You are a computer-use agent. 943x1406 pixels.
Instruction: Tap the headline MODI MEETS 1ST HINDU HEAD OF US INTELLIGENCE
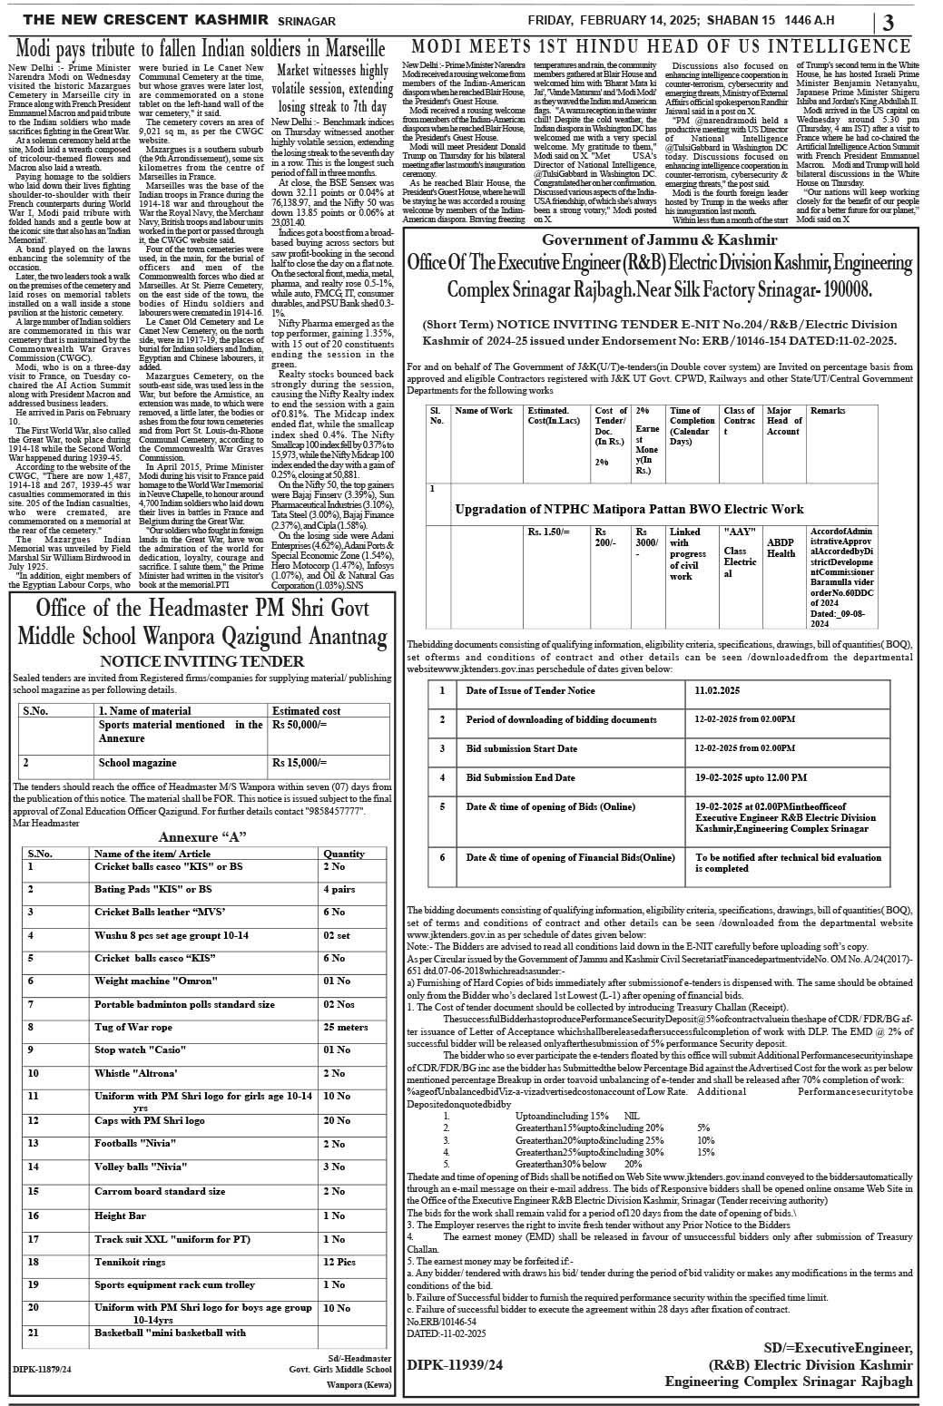click(661, 46)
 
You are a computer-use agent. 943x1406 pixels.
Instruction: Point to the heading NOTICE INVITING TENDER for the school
click(201, 661)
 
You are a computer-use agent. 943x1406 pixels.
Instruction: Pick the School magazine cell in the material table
click(137, 763)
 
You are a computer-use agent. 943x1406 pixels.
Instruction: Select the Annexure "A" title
click(202, 836)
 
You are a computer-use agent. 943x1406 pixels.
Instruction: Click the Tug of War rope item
click(133, 1027)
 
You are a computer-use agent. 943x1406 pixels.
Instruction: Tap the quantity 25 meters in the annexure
click(346, 1027)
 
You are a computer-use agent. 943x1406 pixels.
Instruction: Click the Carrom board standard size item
click(160, 1191)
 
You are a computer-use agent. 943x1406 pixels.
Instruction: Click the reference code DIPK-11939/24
click(455, 1363)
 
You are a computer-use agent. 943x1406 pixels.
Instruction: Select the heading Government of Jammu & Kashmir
click(659, 240)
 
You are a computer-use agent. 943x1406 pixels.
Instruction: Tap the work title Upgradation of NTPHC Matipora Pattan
click(629, 509)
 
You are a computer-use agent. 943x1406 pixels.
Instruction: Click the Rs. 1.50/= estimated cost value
click(548, 532)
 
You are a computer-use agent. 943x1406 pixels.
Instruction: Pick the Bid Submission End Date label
click(520, 777)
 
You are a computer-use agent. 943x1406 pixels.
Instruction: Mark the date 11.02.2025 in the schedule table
click(717, 690)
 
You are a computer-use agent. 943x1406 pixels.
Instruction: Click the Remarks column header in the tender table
click(828, 411)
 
